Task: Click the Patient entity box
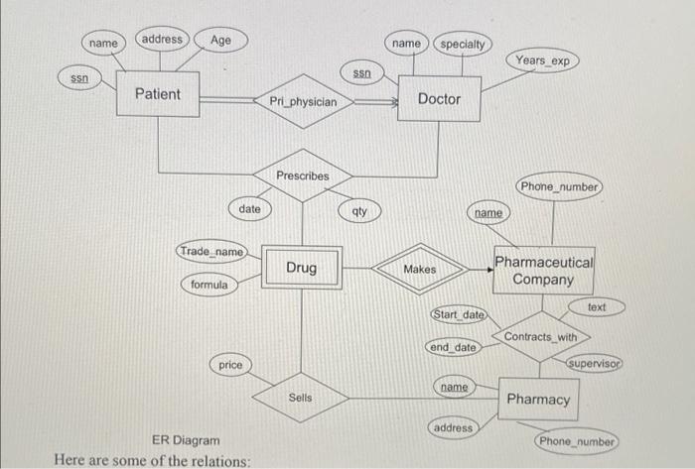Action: [x=158, y=94]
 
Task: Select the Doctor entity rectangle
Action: [x=439, y=98]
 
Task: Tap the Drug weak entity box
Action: [x=302, y=268]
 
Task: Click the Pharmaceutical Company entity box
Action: [x=544, y=271]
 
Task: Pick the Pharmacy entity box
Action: [x=539, y=399]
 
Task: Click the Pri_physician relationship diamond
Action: [x=303, y=101]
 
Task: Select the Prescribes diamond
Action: [x=302, y=176]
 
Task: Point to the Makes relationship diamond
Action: [x=419, y=269]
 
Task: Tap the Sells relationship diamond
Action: [x=300, y=398]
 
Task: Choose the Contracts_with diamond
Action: [x=540, y=337]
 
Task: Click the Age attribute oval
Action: [x=220, y=40]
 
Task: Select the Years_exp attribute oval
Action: [x=543, y=60]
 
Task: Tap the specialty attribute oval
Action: [x=463, y=45]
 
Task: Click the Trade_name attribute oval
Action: [x=210, y=252]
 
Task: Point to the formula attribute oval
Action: [x=209, y=285]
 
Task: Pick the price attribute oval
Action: [x=230, y=365]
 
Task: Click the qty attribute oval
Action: [x=359, y=211]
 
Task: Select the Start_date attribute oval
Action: [x=458, y=314]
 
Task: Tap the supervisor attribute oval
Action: [x=593, y=364]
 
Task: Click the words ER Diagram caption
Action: [x=185, y=439]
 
